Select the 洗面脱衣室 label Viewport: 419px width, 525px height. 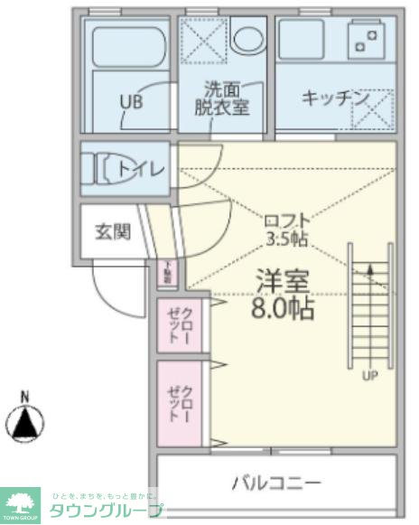point(222,98)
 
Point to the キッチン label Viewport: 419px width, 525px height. point(333,98)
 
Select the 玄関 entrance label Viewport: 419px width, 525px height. point(113,231)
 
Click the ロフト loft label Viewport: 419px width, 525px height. point(287,220)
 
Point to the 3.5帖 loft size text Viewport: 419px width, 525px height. point(287,239)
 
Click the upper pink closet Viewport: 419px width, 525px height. point(180,324)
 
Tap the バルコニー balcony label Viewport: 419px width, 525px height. point(276,483)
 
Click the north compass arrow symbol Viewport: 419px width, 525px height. point(25,421)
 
